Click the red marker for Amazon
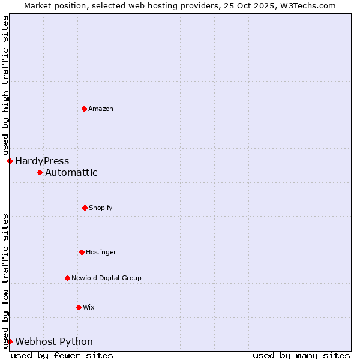click(x=84, y=109)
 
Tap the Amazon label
click(x=101, y=109)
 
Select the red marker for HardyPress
click(x=10, y=161)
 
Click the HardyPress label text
click(x=42, y=161)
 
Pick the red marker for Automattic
click(x=40, y=172)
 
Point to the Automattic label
click(x=71, y=173)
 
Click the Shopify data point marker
click(x=85, y=208)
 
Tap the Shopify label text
click(x=101, y=208)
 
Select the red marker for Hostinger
click(x=82, y=252)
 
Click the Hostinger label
click(x=101, y=253)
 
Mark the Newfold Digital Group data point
click(x=67, y=278)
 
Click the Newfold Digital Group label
click(x=106, y=278)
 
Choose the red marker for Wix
click(x=79, y=307)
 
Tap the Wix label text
click(x=89, y=308)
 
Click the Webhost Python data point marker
click(x=10, y=341)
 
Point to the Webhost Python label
click(x=54, y=342)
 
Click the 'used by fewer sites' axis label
click(x=62, y=356)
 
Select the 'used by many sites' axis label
click(x=301, y=356)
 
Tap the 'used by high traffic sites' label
click(x=5, y=85)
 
